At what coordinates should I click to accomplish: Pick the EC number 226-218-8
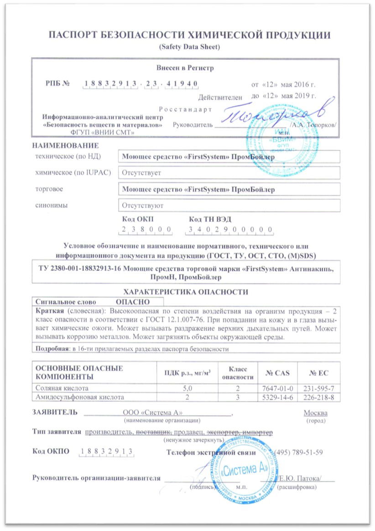click(x=319, y=397)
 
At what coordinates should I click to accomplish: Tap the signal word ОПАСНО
click(x=132, y=302)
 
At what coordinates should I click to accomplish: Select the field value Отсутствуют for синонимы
click(x=142, y=205)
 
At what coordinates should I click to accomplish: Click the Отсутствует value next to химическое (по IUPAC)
click(x=141, y=173)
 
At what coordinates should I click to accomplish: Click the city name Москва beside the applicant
click(x=315, y=413)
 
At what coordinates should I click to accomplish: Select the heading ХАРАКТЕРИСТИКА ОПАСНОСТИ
click(x=187, y=292)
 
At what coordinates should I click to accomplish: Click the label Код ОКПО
click(x=51, y=452)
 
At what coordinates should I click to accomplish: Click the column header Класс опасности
click(x=237, y=373)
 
